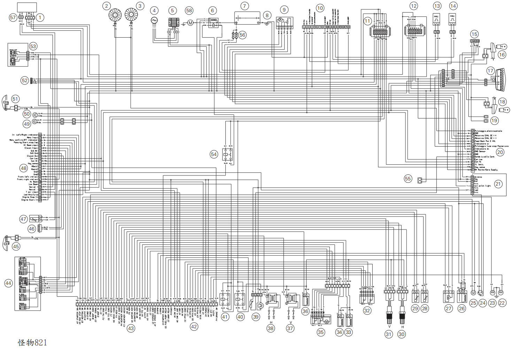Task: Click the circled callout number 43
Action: (131, 328)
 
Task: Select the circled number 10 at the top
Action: (320, 8)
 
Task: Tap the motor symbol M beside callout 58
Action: (190, 23)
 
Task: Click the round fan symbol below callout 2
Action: (115, 15)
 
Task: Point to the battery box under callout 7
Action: (247, 18)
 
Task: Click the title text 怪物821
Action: (32, 343)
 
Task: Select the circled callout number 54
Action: (214, 154)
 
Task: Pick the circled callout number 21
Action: (498, 184)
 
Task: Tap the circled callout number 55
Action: (408, 179)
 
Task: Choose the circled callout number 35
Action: (320, 332)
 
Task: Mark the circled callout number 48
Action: (24, 168)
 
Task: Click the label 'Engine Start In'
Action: (30, 200)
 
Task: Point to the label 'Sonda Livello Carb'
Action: (484, 157)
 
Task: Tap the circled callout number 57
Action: (13, 17)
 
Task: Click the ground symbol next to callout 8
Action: (266, 23)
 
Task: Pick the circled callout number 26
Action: (462, 308)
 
